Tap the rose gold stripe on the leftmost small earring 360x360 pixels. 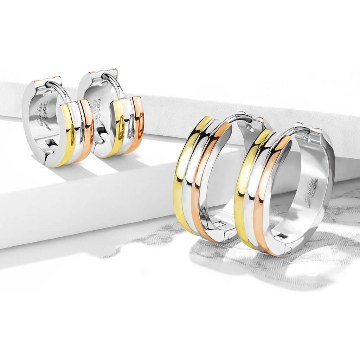[86, 130]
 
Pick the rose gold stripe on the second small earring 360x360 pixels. [138, 123]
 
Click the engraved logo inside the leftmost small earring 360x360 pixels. [44, 116]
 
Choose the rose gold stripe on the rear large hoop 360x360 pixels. [202, 183]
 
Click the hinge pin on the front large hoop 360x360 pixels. [289, 250]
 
